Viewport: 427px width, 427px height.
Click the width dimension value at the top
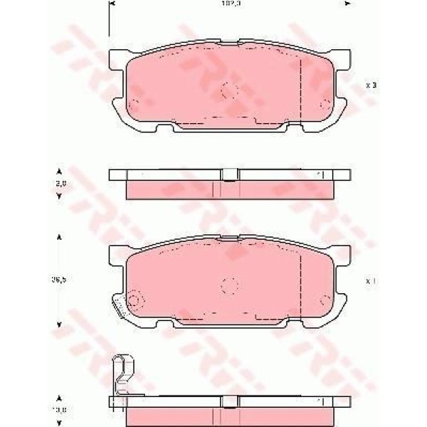point(229,4)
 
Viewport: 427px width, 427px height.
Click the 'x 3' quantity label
point(371,85)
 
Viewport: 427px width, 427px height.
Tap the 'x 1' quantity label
point(371,281)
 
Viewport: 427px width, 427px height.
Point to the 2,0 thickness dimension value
point(61,183)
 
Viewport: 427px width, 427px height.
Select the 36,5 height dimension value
point(61,280)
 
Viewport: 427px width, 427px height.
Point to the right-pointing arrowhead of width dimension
point(347,4)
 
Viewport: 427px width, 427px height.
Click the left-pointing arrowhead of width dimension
point(111,4)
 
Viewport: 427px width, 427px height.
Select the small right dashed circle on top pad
point(325,105)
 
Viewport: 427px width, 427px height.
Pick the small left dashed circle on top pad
point(133,105)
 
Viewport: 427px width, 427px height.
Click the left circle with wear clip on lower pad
point(132,299)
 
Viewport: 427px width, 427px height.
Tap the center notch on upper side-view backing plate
point(229,175)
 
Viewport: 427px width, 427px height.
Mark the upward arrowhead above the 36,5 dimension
point(59,237)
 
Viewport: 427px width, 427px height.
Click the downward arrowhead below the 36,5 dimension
point(59,324)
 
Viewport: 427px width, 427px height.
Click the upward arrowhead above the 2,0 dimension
point(59,171)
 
